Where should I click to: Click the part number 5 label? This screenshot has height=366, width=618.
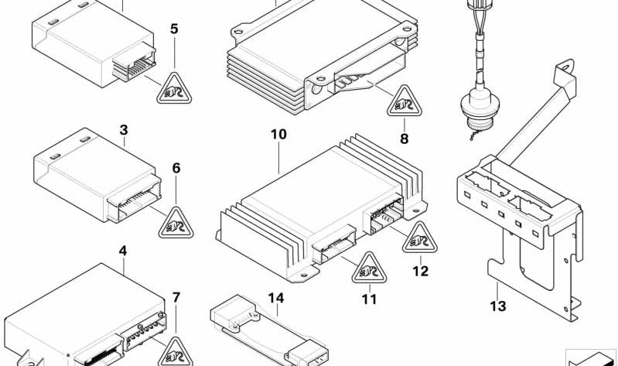[174, 29]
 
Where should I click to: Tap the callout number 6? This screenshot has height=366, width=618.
[176, 167]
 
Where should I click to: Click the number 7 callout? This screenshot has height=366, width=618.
[176, 297]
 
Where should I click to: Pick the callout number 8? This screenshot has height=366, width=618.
[403, 139]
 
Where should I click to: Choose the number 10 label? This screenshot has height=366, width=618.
[278, 135]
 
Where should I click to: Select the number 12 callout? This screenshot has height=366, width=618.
[419, 272]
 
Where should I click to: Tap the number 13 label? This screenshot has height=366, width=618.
[497, 306]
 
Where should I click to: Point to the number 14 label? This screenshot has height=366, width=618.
[276, 298]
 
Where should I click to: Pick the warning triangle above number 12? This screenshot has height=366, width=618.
[418, 241]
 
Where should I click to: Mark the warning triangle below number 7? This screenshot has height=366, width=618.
[177, 352]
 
